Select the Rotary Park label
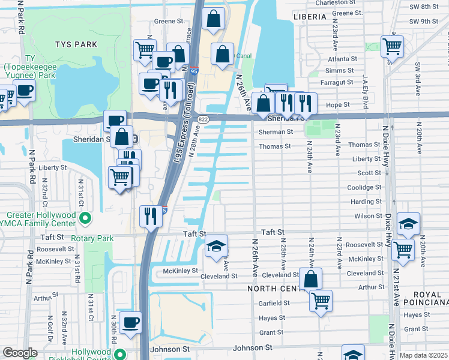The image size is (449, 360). coord(92,238)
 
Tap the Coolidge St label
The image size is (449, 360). coord(365,187)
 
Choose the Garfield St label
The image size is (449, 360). coord(274,303)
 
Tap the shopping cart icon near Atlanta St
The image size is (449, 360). coord(392,46)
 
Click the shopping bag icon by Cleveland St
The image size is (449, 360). coord(310,279)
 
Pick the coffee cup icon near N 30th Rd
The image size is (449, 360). coord(130,322)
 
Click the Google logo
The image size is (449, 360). coord(20,353)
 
